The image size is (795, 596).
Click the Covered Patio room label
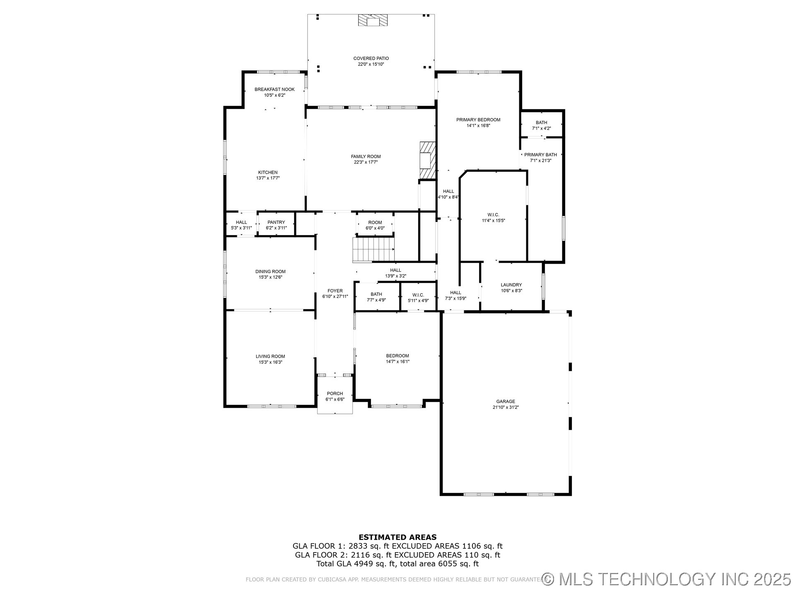click(371, 58)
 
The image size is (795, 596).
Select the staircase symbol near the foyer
click(373, 250)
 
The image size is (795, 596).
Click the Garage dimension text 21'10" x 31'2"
click(506, 407)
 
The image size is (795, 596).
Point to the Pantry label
click(276, 222)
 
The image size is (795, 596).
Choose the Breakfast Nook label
click(275, 89)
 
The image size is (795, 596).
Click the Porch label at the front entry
click(335, 394)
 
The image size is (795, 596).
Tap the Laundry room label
click(511, 285)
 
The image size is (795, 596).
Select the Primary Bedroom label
click(478, 120)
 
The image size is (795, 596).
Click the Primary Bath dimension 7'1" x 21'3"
click(541, 161)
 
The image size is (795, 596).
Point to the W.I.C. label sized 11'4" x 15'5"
click(493, 215)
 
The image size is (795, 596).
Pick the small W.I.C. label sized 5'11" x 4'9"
click(418, 295)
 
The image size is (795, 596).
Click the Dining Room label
click(270, 272)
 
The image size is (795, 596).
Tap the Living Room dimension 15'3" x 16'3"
click(270, 362)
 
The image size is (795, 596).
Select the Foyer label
click(335, 291)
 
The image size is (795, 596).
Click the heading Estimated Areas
click(397, 537)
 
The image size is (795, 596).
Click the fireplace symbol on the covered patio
click(373, 20)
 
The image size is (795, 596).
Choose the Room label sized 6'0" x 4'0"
click(375, 222)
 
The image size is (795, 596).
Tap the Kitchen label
click(268, 172)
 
